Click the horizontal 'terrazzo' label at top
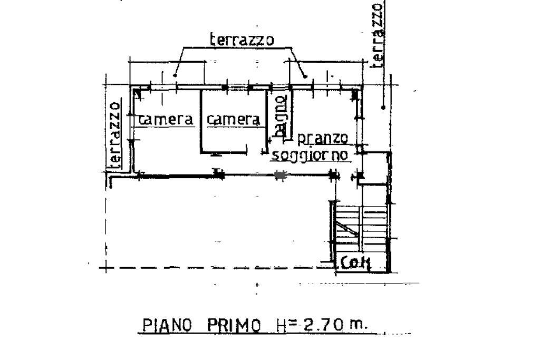pos(242,40)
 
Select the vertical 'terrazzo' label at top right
pos(378,34)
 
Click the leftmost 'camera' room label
pos(166,120)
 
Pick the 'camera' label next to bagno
pos(234,120)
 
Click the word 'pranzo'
pos(323,139)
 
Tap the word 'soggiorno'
pos(310,155)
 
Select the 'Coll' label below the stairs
pos(355,262)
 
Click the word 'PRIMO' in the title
pos(234,325)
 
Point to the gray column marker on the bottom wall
pos(281,176)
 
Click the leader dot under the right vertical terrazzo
pos(383,108)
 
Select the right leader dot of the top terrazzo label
pos(305,76)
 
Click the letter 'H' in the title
pos(280,325)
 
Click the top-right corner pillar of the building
pos(355,94)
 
